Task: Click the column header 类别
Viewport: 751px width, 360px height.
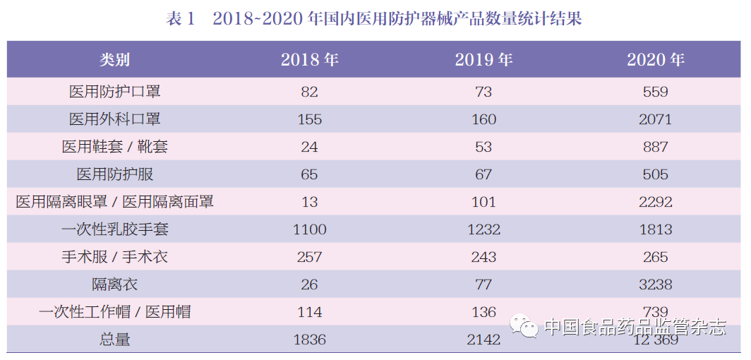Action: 114,60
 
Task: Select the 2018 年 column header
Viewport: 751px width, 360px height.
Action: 309,60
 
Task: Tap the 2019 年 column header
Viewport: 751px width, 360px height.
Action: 483,60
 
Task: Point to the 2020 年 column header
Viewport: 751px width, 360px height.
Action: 656,60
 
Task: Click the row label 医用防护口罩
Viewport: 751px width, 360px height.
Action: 114,92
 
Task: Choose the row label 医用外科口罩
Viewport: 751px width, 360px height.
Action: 114,119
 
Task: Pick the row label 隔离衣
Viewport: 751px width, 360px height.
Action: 114,284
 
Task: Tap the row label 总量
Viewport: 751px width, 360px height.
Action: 114,340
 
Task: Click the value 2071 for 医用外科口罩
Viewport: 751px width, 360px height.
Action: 656,119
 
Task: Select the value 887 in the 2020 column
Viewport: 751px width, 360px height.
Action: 656,147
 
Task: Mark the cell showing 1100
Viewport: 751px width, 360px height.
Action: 309,229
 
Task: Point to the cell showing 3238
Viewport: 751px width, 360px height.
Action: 656,284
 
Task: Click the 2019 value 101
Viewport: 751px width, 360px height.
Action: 483,202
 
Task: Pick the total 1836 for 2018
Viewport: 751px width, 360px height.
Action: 309,340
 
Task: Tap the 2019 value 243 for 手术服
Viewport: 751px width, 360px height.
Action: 483,257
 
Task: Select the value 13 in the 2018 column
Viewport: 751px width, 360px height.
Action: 309,202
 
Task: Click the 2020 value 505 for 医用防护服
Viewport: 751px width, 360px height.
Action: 656,174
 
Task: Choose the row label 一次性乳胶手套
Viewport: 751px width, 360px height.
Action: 114,229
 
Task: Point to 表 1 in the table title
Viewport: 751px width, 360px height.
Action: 180,19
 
